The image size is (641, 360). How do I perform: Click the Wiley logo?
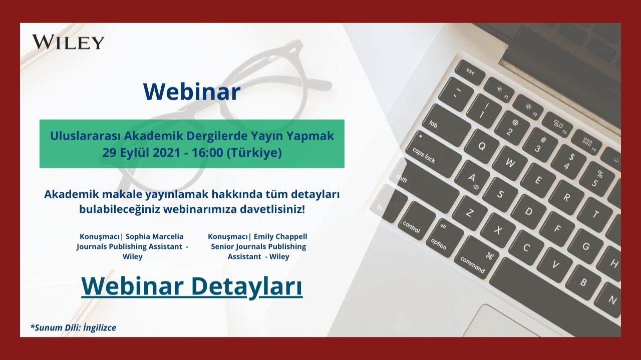68,42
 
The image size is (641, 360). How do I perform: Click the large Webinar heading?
192,92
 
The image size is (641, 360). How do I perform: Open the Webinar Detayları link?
192,287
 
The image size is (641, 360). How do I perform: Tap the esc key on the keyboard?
470,72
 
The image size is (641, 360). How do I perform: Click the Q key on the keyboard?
482,146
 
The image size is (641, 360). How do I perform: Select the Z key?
469,212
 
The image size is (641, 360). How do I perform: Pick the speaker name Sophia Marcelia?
155,237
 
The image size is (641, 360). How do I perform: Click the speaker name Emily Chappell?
280,237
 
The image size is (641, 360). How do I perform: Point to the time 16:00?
207,153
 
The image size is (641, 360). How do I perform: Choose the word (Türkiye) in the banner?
254,153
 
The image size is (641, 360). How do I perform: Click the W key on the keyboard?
510,162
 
